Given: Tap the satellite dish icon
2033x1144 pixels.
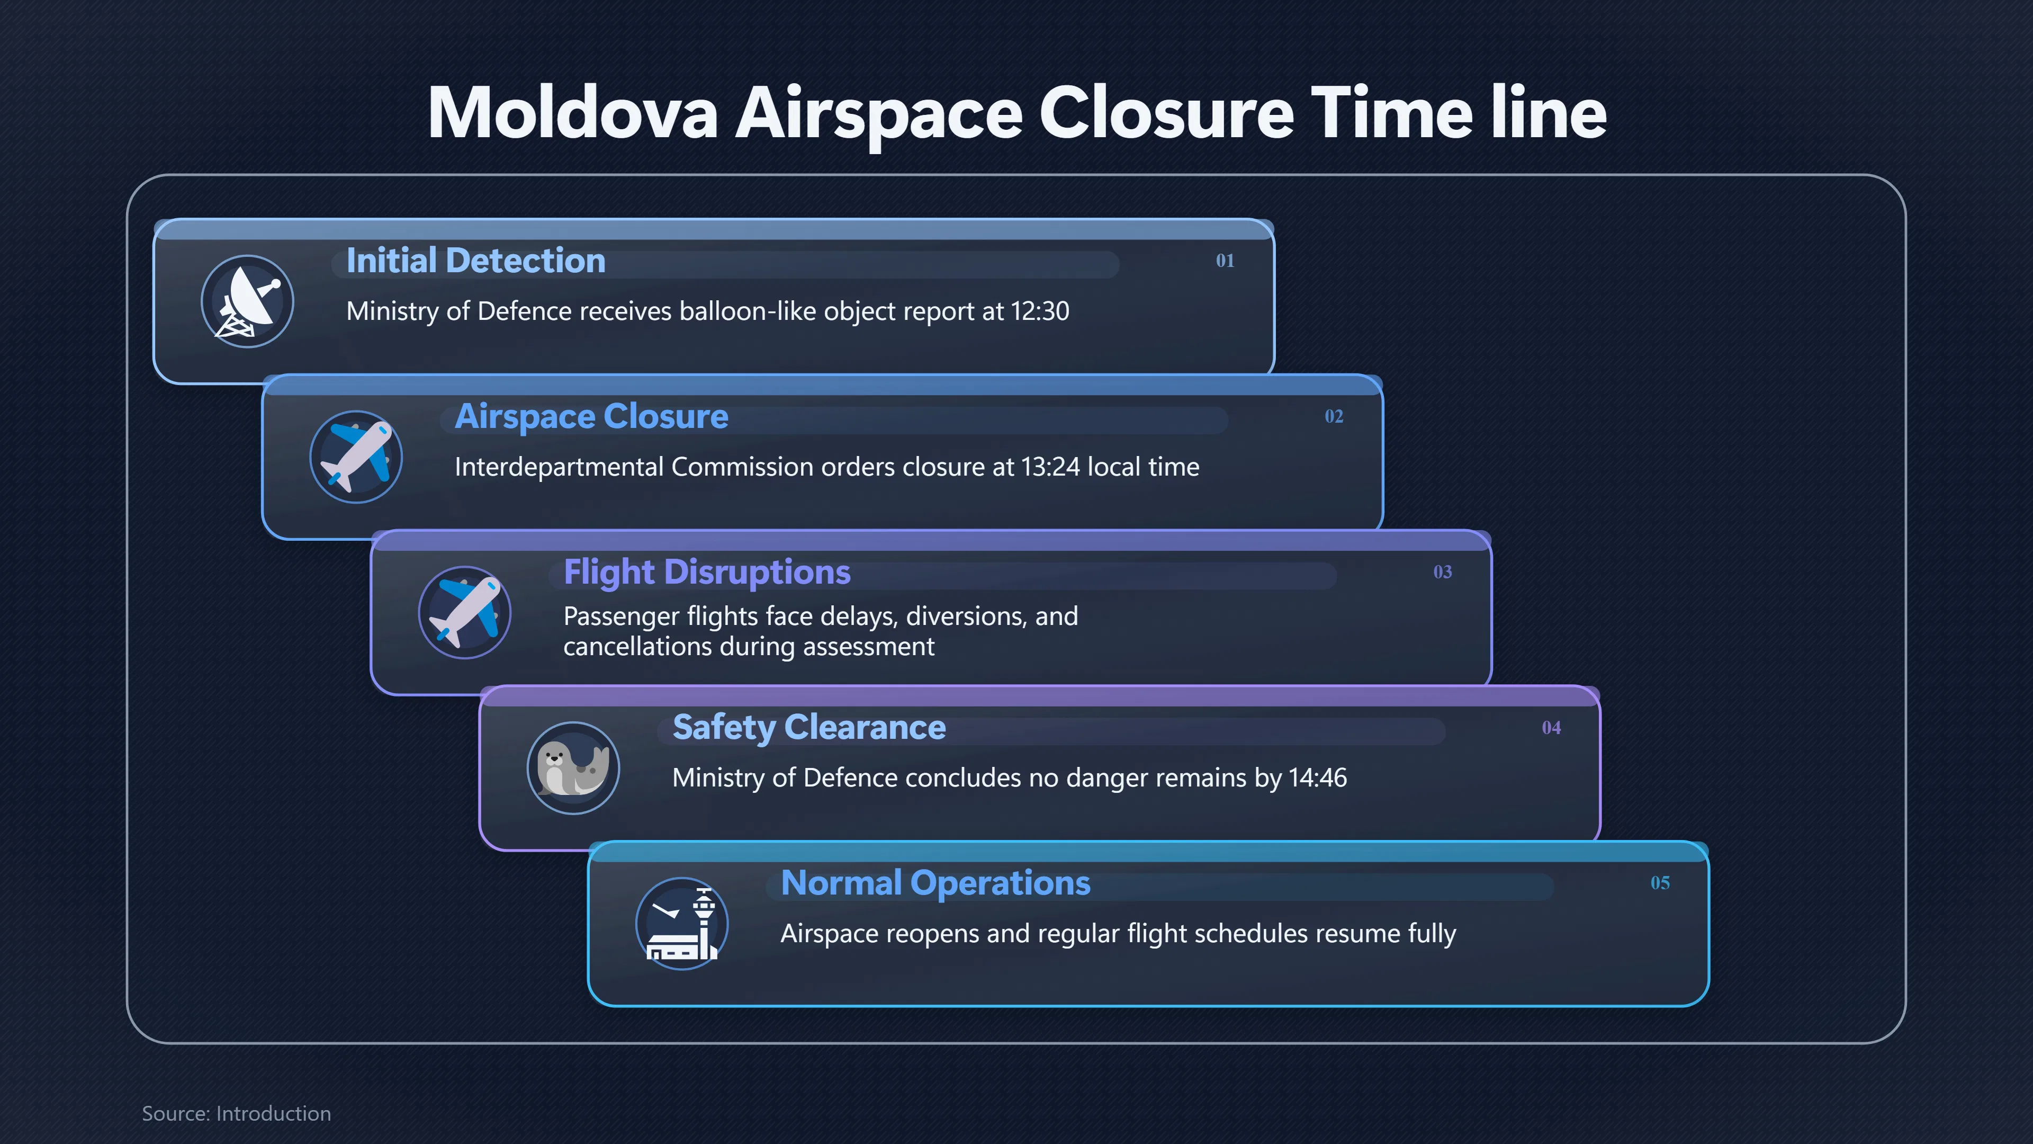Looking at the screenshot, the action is [x=248, y=301].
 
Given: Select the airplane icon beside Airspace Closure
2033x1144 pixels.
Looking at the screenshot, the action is [x=356, y=457].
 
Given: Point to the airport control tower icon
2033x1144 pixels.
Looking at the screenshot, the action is [x=682, y=924].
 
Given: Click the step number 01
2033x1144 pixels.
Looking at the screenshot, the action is [x=1225, y=261].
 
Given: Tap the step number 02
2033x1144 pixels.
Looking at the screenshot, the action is [x=1334, y=416].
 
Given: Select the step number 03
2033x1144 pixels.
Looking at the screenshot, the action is [x=1443, y=571].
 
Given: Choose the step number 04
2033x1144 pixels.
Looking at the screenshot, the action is [x=1552, y=727].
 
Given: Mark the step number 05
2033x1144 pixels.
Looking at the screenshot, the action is [x=1660, y=883].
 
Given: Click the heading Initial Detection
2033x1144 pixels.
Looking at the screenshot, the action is [x=476, y=261].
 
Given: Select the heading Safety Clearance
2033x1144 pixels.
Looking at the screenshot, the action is [x=809, y=728].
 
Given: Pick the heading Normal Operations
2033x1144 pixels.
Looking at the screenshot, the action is [x=935, y=883].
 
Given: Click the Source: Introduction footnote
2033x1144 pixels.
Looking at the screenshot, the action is [x=236, y=1113].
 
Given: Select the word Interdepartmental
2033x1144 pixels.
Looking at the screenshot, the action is [x=559, y=467].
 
